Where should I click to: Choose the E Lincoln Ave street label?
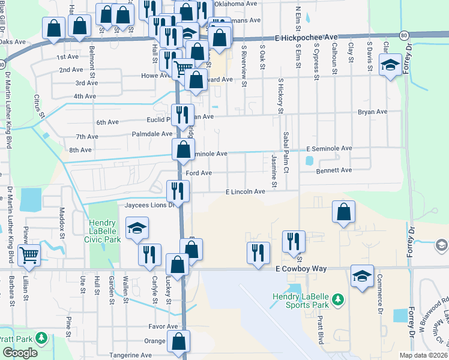(245, 191)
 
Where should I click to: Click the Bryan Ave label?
(373, 112)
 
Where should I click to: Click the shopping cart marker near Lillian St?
(29, 254)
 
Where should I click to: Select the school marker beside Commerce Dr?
(362, 275)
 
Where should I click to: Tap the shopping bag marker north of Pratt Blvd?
(343, 211)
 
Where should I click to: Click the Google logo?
(20, 353)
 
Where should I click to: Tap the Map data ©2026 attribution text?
(423, 355)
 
